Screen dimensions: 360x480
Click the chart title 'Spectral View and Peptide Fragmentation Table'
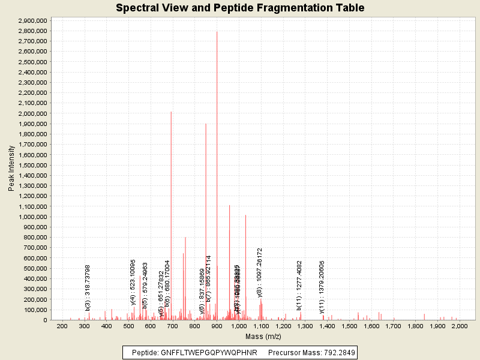click(x=240, y=8)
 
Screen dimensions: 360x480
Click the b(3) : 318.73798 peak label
click(x=88, y=288)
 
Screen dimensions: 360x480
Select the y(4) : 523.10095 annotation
click(x=133, y=282)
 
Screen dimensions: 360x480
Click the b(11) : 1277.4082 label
click(x=299, y=286)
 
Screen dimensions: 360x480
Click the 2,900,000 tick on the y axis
click(x=34, y=20)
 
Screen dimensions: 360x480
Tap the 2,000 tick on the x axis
click(x=459, y=326)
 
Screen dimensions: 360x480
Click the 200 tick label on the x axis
click(x=62, y=326)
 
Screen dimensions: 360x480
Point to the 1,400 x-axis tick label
click(x=326, y=326)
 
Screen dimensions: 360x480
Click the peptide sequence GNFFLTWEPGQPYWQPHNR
click(x=209, y=353)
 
